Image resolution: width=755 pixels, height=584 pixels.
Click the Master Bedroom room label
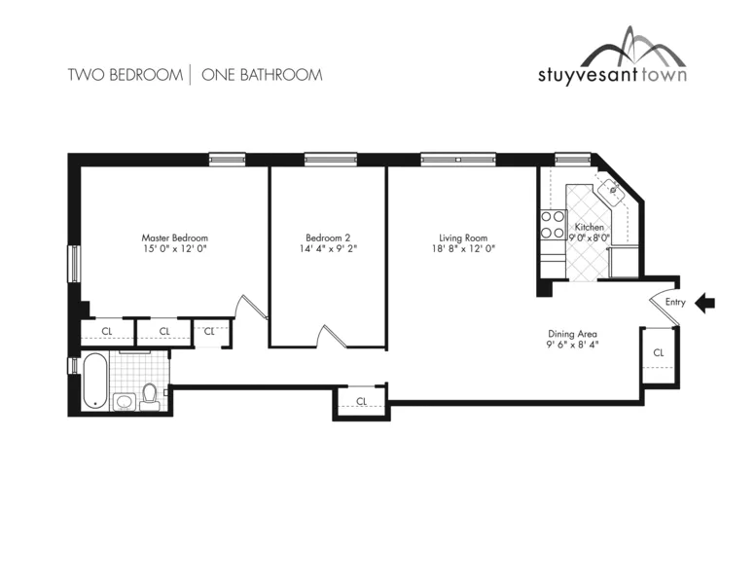pyautogui.click(x=174, y=237)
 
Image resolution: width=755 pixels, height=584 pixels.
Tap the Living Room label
pyautogui.click(x=463, y=237)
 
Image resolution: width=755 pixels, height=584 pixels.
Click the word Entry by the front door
pyautogui.click(x=675, y=303)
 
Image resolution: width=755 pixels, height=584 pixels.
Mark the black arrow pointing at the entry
pyautogui.click(x=705, y=304)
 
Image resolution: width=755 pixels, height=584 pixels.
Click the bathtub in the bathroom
pyautogui.click(x=93, y=381)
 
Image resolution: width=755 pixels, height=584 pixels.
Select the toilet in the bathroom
pyautogui.click(x=150, y=395)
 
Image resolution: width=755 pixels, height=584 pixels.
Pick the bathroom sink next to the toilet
pyautogui.click(x=124, y=401)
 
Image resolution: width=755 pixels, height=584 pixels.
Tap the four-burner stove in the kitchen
pyautogui.click(x=553, y=226)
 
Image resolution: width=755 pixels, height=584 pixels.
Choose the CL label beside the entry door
pyautogui.click(x=658, y=352)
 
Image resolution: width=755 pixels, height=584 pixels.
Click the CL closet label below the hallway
pyautogui.click(x=361, y=401)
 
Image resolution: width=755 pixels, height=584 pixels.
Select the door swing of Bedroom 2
pyautogui.click(x=329, y=336)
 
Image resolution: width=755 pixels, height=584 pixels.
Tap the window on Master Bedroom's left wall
pyautogui.click(x=73, y=263)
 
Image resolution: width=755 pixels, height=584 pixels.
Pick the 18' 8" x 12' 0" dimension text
pyautogui.click(x=463, y=249)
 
